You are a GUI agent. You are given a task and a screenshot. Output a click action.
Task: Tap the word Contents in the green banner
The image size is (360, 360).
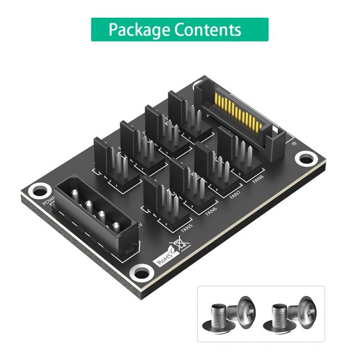[208, 29]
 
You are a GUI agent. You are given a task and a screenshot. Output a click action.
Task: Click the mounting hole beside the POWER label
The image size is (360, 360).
[38, 191]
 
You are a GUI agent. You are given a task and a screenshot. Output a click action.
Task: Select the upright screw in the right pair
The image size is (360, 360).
[282, 317]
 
